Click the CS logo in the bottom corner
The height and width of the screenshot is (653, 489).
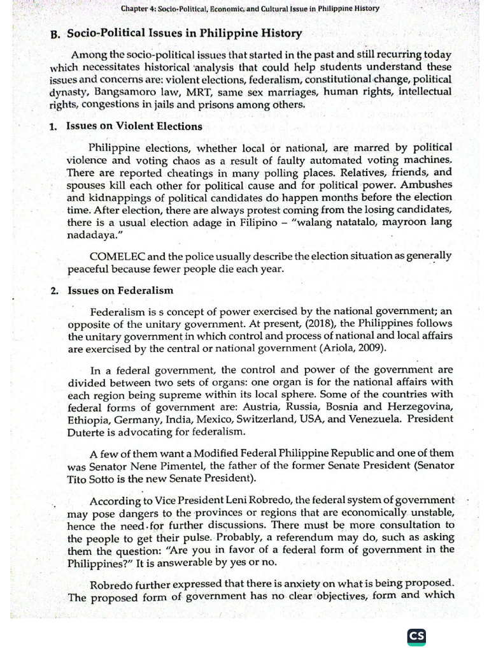pyautogui.click(x=417, y=636)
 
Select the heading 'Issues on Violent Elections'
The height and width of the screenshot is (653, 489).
pyautogui.click(x=134, y=126)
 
